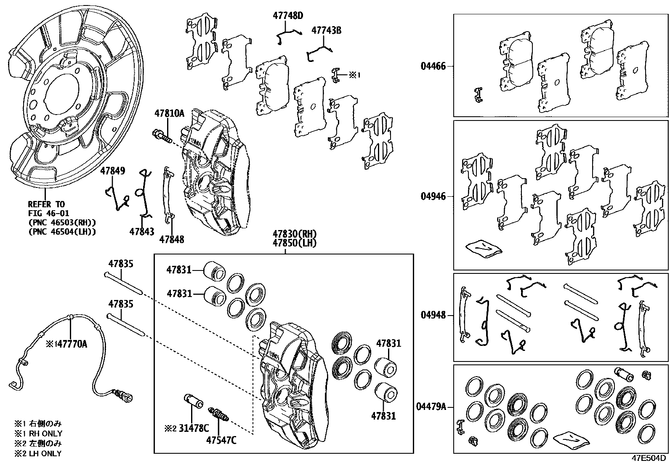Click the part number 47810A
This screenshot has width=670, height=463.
[169, 113]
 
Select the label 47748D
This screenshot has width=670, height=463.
[288, 16]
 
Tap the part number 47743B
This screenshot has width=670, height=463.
[326, 30]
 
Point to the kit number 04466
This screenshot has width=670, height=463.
[433, 66]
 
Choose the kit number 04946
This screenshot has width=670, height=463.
[433, 196]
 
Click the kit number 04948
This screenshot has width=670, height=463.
[433, 315]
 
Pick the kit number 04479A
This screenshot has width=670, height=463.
[431, 407]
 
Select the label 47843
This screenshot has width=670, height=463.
[142, 231]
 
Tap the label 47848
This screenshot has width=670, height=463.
[172, 240]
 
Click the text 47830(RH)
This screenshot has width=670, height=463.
[294, 234]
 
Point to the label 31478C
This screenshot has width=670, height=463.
[194, 428]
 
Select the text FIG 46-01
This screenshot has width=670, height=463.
[48, 214]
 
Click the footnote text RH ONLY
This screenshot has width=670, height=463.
[44, 434]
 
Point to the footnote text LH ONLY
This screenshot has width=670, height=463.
[43, 454]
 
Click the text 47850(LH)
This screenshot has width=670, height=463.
[294, 243]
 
